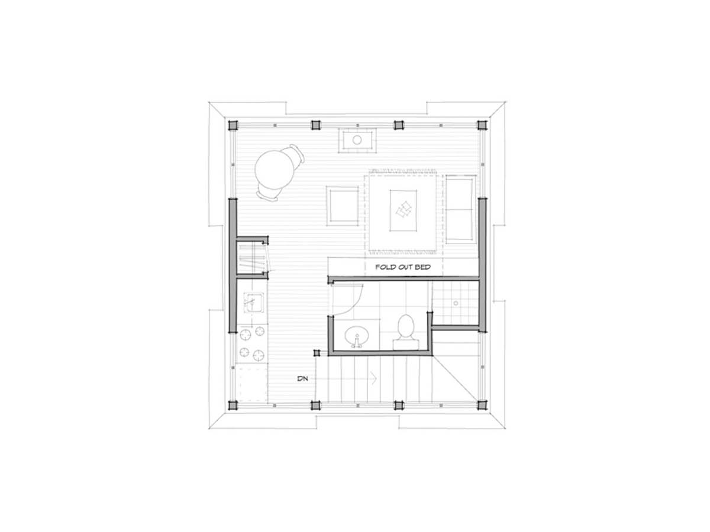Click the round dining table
274,170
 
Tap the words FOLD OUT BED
403,267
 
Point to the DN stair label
302,378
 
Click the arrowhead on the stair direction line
375,378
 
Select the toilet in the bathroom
406,332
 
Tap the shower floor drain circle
456,303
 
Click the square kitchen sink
254,303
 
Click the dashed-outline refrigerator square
252,384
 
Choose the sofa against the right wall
460,209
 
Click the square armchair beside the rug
342,206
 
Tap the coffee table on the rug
403,210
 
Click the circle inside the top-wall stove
357,140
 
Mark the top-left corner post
233,125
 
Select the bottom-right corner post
482,405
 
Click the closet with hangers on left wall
252,258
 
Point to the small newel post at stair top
317,353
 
